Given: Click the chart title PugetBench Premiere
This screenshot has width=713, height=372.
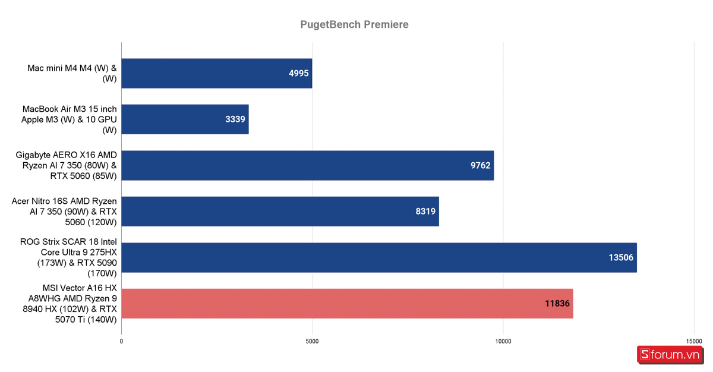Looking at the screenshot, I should pyautogui.click(x=354, y=24).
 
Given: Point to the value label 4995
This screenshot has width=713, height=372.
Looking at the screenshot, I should pyautogui.click(x=299, y=73).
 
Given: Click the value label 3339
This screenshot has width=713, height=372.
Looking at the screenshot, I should pyautogui.click(x=235, y=119).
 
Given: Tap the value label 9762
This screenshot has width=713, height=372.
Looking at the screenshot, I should pyautogui.click(x=481, y=165).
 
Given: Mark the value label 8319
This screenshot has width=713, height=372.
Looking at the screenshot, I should pyautogui.click(x=425, y=211).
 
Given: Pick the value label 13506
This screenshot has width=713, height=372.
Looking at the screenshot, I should pyautogui.click(x=621, y=257).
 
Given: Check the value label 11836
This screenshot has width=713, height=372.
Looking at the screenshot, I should pyautogui.click(x=557, y=303).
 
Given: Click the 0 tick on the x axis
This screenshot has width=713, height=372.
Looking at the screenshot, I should pyautogui.click(x=121, y=341).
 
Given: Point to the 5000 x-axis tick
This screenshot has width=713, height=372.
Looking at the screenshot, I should pyautogui.click(x=312, y=341).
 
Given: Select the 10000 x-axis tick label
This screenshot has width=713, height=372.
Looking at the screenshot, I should pyautogui.click(x=503, y=341).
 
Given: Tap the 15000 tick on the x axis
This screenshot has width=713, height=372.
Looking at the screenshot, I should pyautogui.click(x=693, y=341).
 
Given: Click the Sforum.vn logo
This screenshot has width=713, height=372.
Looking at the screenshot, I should pyautogui.click(x=670, y=355).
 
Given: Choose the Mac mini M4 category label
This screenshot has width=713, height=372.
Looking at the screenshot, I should pyautogui.click(x=72, y=73).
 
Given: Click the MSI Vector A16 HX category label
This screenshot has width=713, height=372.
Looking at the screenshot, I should pyautogui.click(x=77, y=303).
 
